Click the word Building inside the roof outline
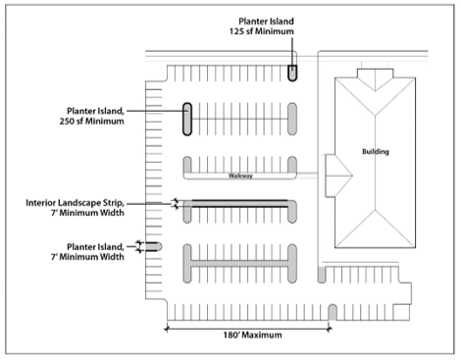(376, 151)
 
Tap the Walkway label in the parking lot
(240, 176)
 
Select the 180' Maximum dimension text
(252, 334)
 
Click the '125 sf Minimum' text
(261, 31)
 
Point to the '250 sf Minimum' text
(91, 122)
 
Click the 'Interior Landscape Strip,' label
(75, 203)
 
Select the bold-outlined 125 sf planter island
(292, 73)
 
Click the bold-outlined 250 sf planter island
(187, 119)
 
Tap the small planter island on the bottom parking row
(333, 313)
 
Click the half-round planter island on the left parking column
(154, 246)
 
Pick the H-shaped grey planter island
(240, 263)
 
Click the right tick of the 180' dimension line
(329, 329)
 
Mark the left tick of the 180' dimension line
(167, 329)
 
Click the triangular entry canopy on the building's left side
(338, 176)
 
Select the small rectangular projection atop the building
(375, 74)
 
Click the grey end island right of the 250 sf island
(292, 119)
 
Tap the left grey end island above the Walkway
(187, 165)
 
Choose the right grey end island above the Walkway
(292, 165)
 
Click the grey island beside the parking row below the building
(322, 275)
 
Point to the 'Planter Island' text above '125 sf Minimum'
(266, 22)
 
